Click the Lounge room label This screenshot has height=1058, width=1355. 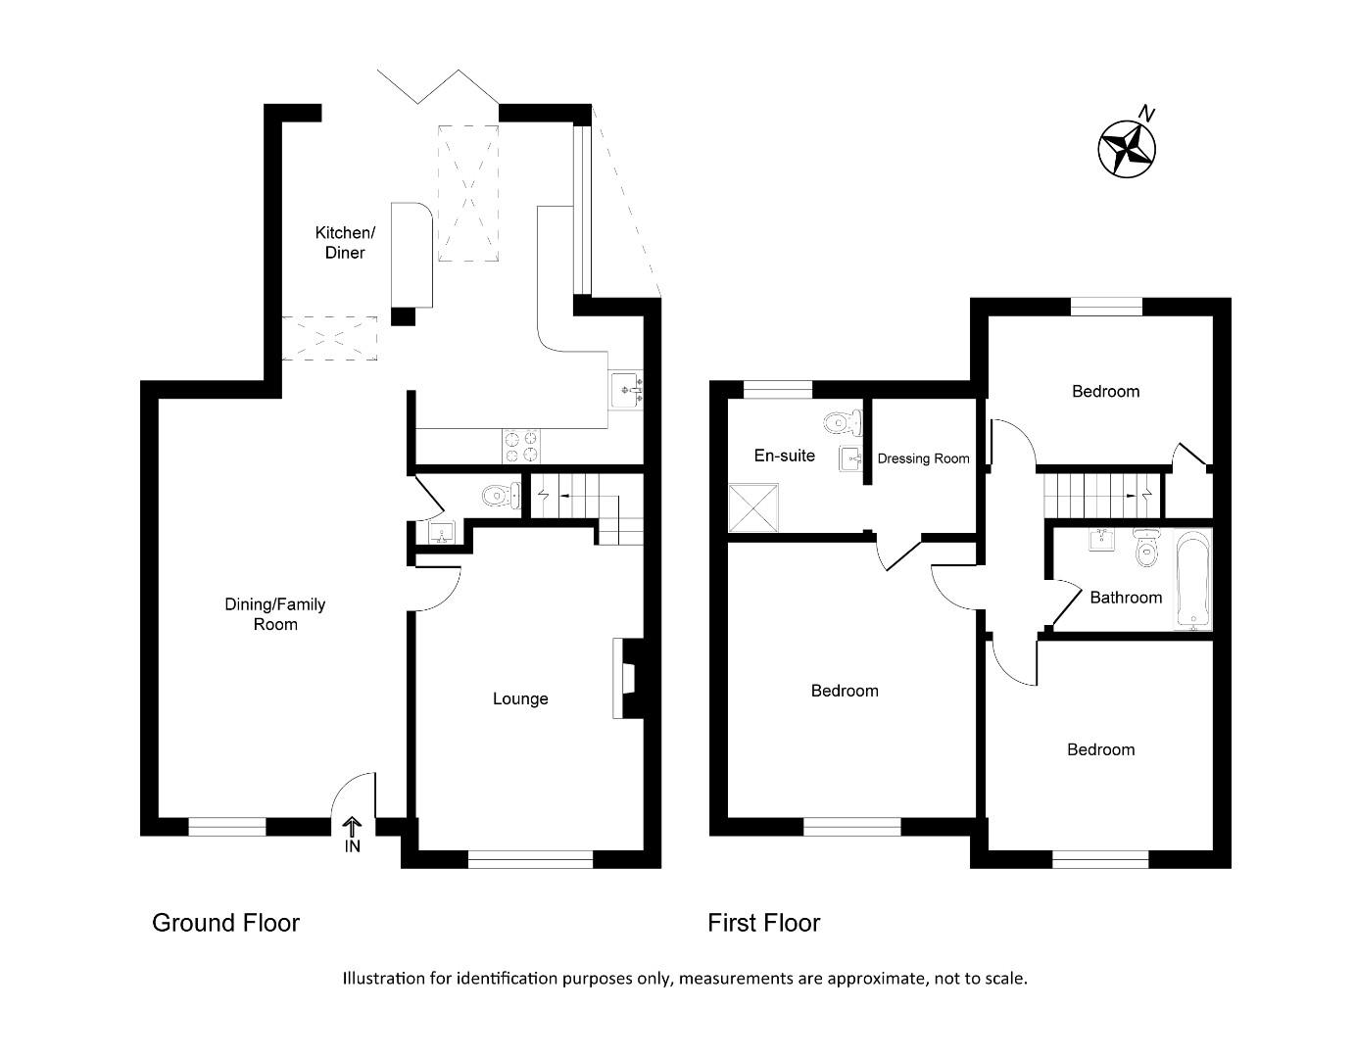pos(520,698)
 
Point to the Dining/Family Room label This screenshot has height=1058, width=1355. pos(274,614)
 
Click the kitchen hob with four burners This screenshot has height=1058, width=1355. pos(521,447)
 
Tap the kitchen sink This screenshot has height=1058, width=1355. pos(626,390)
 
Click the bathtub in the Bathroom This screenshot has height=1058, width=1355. pos(1191,578)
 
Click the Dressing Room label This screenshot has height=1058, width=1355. pos(923,458)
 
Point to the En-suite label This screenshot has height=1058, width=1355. pos(784,456)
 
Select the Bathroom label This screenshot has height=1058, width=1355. pos(1126,598)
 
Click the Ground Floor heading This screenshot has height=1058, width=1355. pos(225,923)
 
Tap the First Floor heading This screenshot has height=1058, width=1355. pos(763,923)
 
